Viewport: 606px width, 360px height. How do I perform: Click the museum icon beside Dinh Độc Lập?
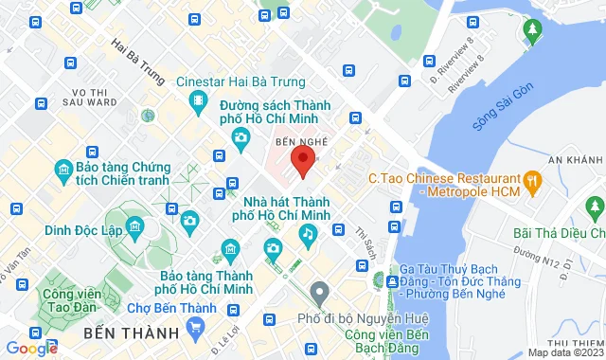pos(135,227)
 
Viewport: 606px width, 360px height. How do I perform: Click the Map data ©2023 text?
pos(564,352)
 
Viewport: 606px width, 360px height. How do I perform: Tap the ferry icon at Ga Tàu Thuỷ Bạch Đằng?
pos(392,280)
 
